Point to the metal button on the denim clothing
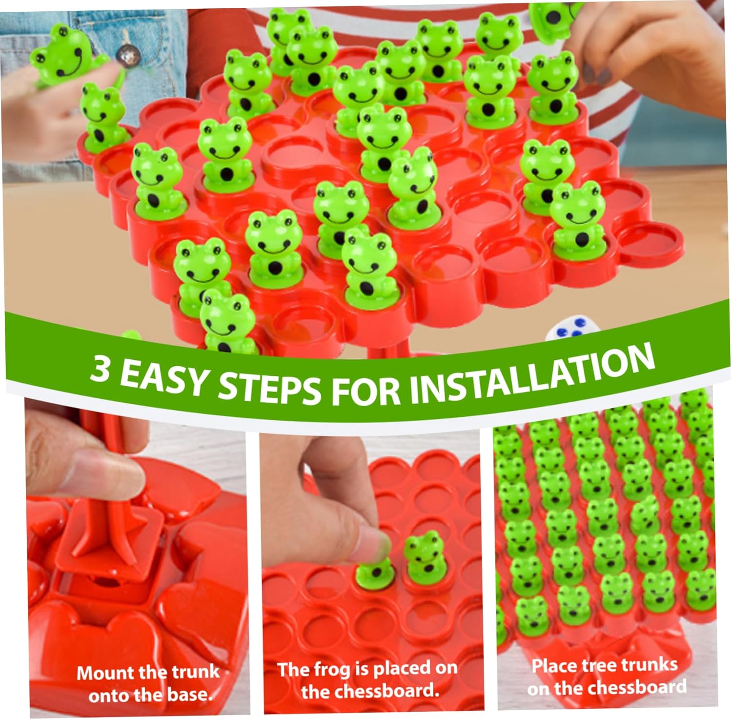coord(129,59)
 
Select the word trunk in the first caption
coord(194,672)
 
